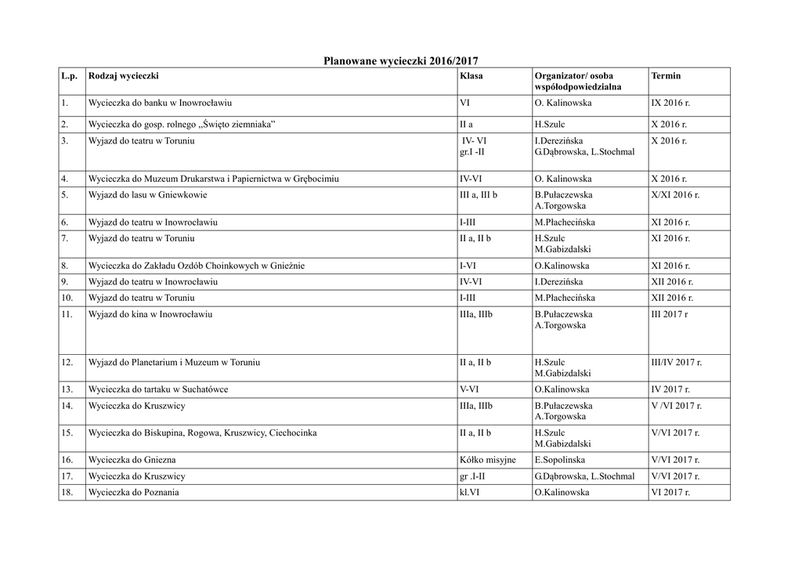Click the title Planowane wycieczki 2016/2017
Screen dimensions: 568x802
[x=400, y=60]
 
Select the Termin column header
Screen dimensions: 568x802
[x=666, y=76]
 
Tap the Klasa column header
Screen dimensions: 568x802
[x=471, y=76]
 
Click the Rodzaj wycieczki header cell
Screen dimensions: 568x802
[x=124, y=76]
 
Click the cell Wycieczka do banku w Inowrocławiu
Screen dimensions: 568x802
[x=160, y=103]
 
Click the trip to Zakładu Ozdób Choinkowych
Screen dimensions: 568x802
[x=197, y=266]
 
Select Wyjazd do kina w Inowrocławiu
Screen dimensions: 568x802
[x=150, y=315]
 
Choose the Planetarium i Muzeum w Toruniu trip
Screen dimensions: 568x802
[x=174, y=363]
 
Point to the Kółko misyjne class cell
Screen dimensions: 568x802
[x=487, y=460]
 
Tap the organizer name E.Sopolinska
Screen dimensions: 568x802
[x=559, y=460]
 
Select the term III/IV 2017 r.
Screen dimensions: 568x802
[x=676, y=363]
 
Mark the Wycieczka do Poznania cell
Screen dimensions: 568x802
[x=133, y=492]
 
